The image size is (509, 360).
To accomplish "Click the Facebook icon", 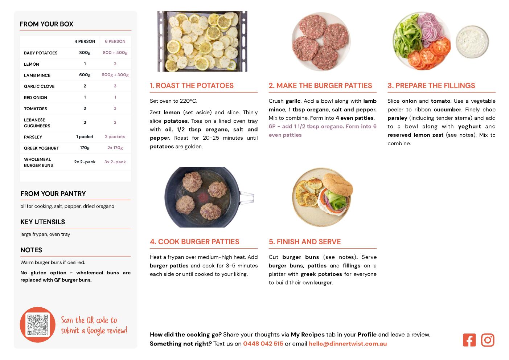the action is point(469,340).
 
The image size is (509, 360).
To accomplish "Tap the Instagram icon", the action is point(488,340).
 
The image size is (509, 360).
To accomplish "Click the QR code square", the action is point(37,324).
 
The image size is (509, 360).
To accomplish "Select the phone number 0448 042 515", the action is point(263,344).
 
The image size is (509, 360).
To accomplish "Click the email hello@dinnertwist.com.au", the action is point(348,344).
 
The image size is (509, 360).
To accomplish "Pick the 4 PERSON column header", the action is point(85,41).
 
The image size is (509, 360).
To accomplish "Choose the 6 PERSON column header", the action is point(115,41).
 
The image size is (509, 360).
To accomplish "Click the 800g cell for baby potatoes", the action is point(85,53).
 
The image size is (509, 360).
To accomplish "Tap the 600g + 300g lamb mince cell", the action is point(115,75).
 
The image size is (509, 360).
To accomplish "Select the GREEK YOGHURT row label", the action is point(41,148).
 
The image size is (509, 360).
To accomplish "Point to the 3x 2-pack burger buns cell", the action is point(115,162).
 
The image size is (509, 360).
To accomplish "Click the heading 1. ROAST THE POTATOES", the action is point(192,85).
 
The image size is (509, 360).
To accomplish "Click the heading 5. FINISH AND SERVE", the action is point(305,242).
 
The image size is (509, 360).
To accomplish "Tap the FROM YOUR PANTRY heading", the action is point(53,194).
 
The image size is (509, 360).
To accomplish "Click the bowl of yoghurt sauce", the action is point(472,42).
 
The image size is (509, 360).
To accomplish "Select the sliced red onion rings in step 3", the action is point(430,28).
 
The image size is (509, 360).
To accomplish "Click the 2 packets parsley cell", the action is point(115,136).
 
